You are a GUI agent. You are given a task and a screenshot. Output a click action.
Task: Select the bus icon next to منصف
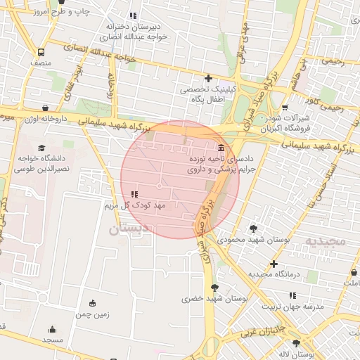pos(41,52)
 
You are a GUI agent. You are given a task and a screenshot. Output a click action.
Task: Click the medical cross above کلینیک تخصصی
pos(208,77)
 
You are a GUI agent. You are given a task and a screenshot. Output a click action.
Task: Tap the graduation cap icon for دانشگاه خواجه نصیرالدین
pos(41,148)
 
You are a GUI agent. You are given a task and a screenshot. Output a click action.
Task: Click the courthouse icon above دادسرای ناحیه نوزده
pos(221,148)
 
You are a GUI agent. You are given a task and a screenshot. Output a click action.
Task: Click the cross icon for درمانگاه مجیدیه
pos(274,264)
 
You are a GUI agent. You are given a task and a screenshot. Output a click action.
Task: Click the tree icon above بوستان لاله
pos(296,344)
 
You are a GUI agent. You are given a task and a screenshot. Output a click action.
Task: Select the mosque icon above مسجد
pos(52,329)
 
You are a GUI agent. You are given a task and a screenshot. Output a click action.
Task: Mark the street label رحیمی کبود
pos(326,107)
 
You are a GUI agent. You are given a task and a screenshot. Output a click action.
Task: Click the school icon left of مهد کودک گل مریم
pos(134,193)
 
